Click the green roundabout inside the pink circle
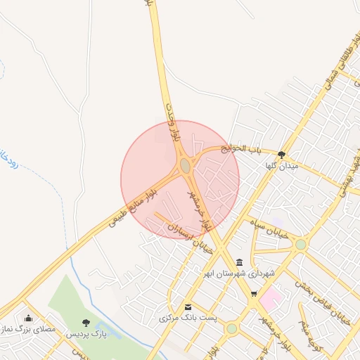pos(185,166)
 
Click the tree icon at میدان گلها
pos(282,155)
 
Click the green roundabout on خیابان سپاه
pos(301,245)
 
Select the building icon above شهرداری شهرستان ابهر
pos(239,262)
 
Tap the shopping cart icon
pos(254,294)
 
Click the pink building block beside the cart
pos(271,301)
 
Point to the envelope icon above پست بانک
pos(188,307)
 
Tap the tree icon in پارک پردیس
pos(86,323)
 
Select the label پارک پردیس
pos(86,334)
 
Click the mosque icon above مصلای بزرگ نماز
pos(28,318)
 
